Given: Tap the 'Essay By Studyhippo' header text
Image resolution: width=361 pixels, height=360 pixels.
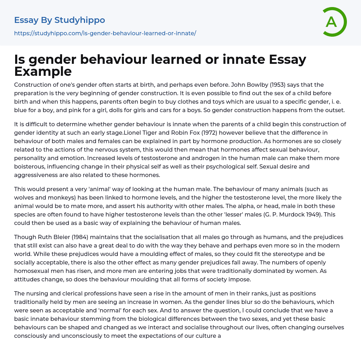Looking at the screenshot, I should tap(60, 20).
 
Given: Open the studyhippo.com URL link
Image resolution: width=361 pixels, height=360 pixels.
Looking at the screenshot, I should tap(105, 33).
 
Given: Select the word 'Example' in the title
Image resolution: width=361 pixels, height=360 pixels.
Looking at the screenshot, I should tap(43, 72).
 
